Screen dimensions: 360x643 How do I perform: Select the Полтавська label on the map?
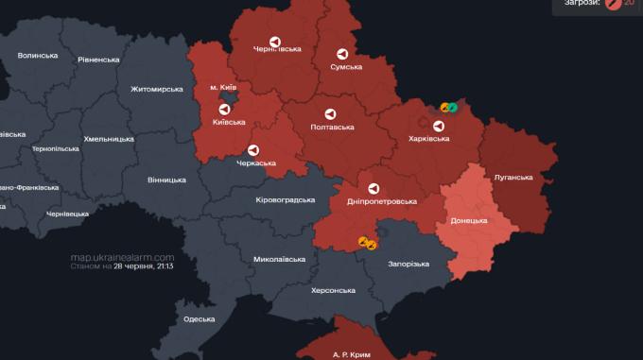(x=333, y=127)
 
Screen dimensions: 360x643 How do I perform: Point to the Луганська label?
(x=513, y=177)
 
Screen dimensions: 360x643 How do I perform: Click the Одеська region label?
(x=199, y=319)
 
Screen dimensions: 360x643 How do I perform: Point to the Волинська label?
(x=37, y=56)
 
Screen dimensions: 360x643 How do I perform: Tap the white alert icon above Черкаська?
(x=253, y=150)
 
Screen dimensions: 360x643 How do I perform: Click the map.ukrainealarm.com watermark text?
(x=122, y=257)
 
